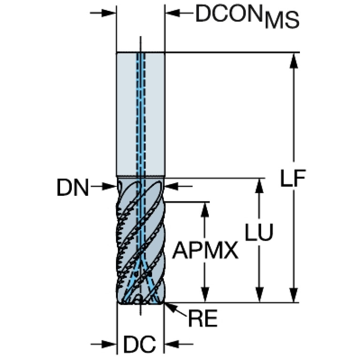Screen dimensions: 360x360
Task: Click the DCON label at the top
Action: point(229,14)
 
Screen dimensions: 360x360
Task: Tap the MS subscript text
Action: point(282,21)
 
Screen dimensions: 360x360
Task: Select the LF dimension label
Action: point(293,178)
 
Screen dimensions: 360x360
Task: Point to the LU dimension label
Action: point(259,232)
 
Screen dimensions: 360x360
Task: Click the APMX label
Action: point(206,251)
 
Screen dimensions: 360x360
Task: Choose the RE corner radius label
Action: point(203,318)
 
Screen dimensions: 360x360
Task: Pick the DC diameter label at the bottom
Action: point(140,345)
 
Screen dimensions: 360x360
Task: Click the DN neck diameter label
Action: point(73,188)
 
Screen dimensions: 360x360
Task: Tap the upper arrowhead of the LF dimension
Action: point(294,61)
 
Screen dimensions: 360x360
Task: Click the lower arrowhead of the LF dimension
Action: point(294,295)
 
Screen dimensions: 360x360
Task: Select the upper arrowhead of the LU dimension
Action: point(260,186)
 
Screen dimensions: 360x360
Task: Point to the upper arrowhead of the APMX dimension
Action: point(205,210)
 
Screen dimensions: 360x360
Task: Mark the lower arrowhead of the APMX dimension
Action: point(205,295)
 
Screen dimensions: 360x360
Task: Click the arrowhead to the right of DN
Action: point(172,186)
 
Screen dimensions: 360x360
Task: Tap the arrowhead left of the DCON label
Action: point(172,13)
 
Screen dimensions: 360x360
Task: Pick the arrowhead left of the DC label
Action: point(109,344)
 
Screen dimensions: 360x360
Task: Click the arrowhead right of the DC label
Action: point(172,344)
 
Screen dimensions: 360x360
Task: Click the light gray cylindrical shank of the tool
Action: point(140,115)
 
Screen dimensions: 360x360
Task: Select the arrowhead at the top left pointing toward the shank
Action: point(108,13)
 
